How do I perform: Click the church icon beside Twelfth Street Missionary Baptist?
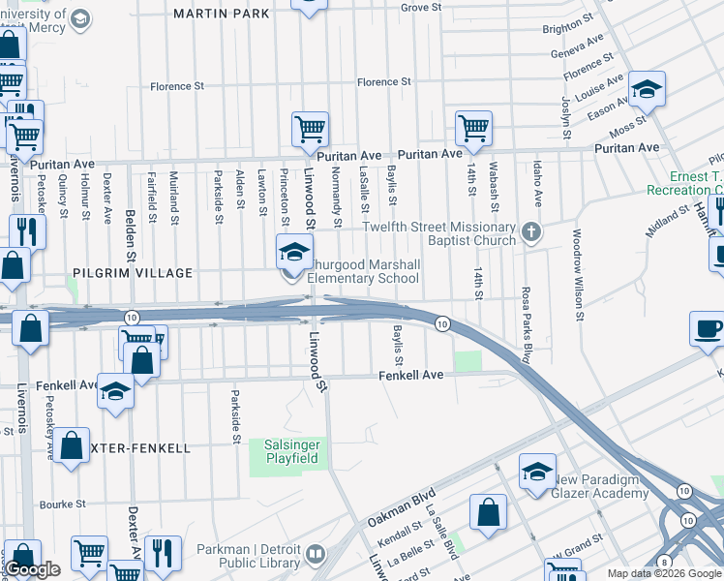click(530, 233)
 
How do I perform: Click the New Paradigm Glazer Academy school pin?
click(536, 472)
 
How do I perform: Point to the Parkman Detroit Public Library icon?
click(315, 555)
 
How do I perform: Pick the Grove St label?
click(421, 7)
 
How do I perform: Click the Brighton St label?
click(563, 29)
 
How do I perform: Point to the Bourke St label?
click(65, 505)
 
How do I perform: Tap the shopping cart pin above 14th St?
click(473, 128)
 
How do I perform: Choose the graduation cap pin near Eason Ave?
click(647, 90)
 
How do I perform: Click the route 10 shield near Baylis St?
click(440, 323)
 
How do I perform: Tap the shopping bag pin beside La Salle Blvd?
click(489, 513)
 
